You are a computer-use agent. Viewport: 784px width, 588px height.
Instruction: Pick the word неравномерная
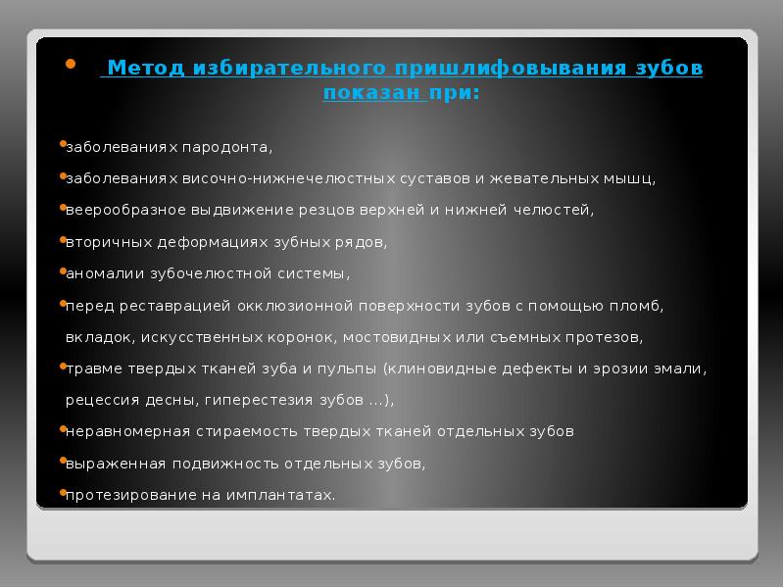pos(120,431)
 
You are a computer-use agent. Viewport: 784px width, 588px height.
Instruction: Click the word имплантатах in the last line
pos(279,495)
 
